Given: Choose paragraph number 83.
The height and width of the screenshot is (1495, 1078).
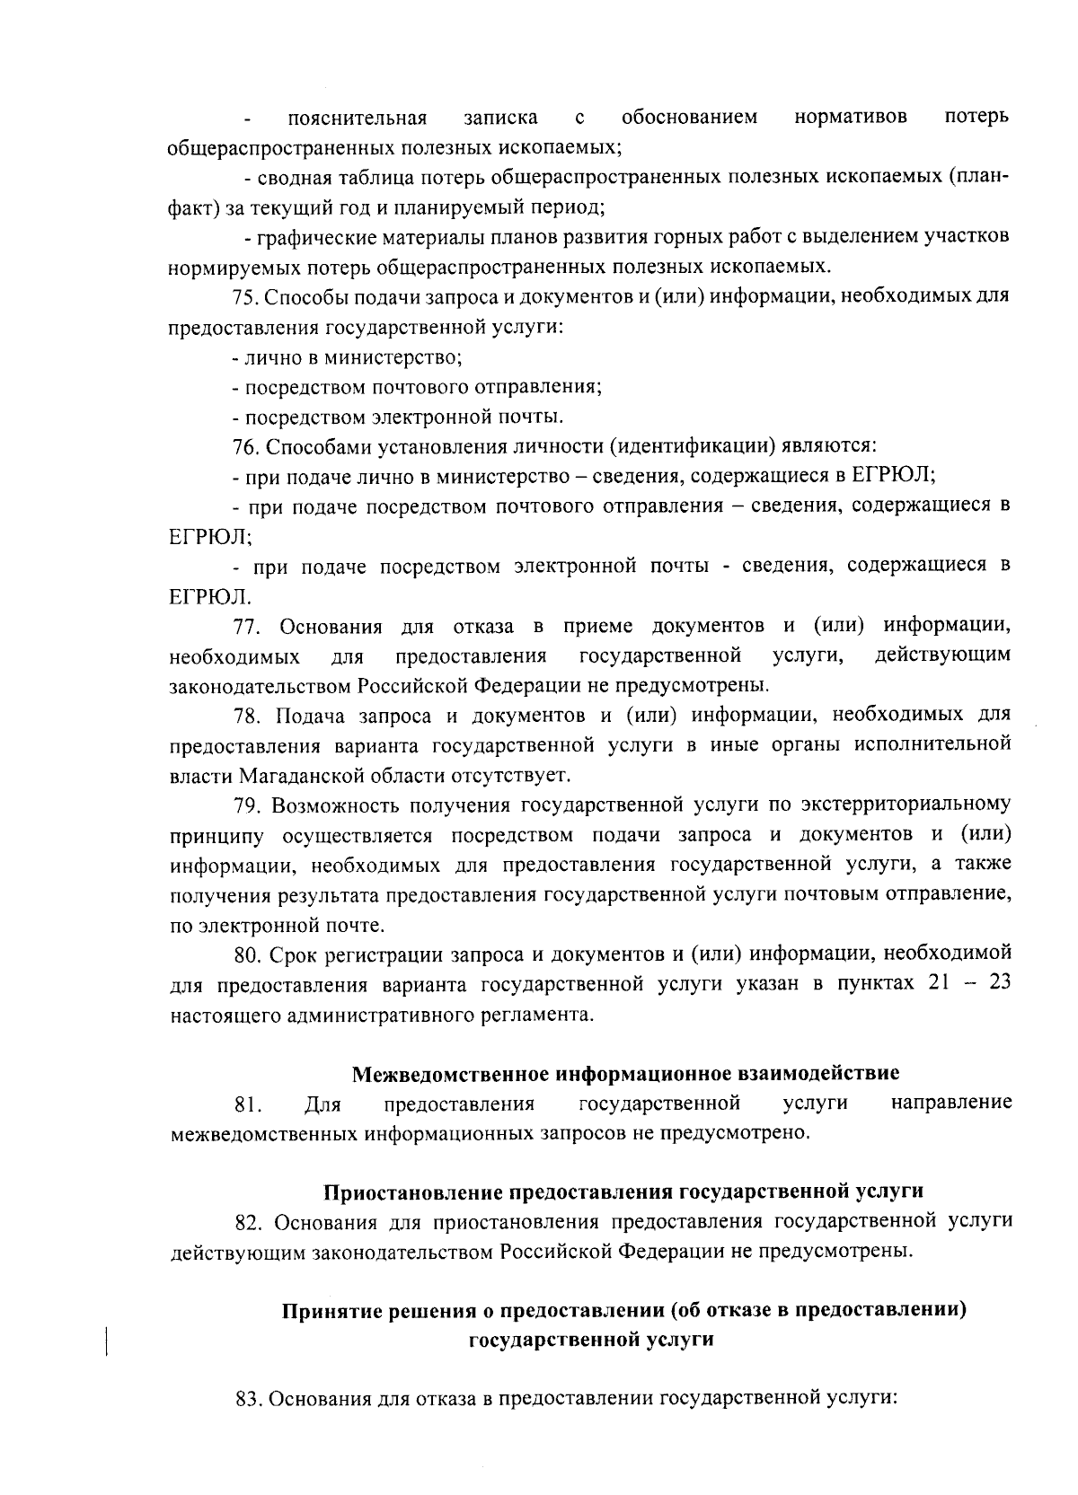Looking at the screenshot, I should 247,1400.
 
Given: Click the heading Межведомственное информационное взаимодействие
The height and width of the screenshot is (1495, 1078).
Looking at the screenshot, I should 625,1073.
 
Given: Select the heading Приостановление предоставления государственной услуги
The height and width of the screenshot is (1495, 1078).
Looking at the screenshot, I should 623,1192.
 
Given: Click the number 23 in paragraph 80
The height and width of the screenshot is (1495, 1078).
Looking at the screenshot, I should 999,983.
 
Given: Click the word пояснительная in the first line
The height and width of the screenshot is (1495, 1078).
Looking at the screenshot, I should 357,118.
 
